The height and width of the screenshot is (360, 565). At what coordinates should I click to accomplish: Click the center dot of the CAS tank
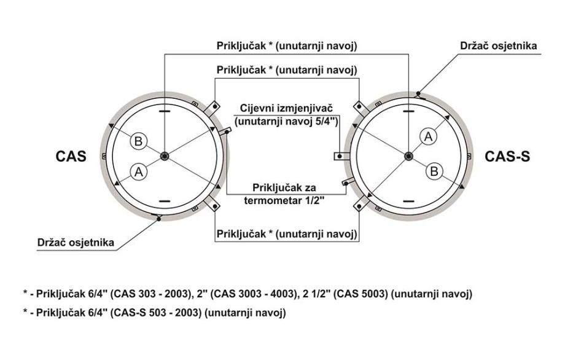point(164,157)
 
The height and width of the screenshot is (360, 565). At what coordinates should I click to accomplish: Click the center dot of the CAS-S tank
point(408,157)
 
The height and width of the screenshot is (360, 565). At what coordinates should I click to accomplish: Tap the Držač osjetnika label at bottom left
point(74,243)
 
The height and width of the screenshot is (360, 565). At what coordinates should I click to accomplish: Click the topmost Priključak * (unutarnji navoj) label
point(286,46)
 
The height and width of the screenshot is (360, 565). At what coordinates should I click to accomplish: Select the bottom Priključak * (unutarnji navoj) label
point(286,235)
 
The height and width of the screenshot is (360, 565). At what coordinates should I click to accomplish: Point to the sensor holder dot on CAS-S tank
point(418,94)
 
